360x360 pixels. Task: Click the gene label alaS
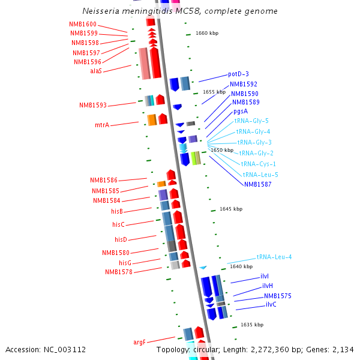96,71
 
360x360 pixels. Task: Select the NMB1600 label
83,24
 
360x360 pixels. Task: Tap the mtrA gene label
102,125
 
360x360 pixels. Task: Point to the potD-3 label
238,74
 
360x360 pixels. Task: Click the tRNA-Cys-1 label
258,164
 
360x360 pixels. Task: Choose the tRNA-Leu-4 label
274,257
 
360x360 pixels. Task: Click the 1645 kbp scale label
231,209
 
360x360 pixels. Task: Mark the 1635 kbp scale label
252,325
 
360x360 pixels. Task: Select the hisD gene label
121,239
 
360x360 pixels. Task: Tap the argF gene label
139,342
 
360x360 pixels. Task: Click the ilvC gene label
271,304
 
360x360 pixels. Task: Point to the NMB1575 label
278,296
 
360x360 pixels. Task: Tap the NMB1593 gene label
93,106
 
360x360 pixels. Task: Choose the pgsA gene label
241,111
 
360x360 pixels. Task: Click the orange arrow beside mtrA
152,120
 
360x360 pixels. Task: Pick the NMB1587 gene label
257,184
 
